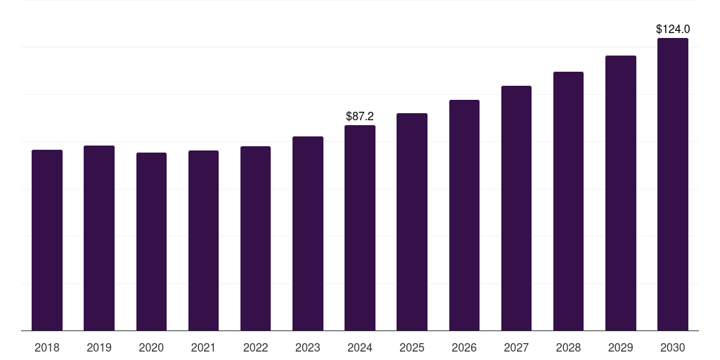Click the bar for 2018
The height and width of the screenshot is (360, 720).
(47, 240)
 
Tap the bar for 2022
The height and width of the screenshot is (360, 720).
(255, 238)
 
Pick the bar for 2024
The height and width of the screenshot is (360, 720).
(360, 228)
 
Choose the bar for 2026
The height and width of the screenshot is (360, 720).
(464, 215)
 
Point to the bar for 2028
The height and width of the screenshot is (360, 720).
(568, 201)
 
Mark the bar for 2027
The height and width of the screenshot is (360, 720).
(516, 208)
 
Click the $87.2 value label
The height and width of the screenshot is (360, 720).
(360, 116)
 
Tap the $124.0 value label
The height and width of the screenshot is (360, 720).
(673, 30)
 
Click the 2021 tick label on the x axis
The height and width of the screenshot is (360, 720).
(203, 347)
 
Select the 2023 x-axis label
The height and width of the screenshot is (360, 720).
(307, 347)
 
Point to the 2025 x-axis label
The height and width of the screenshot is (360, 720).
(412, 347)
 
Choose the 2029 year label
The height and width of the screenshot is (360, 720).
(621, 347)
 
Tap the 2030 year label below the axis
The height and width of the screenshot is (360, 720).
(673, 347)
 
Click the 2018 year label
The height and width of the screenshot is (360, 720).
(47, 347)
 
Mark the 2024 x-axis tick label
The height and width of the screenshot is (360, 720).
(360, 347)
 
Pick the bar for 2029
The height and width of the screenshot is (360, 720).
(621, 193)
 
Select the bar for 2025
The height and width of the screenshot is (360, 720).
(412, 221)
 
